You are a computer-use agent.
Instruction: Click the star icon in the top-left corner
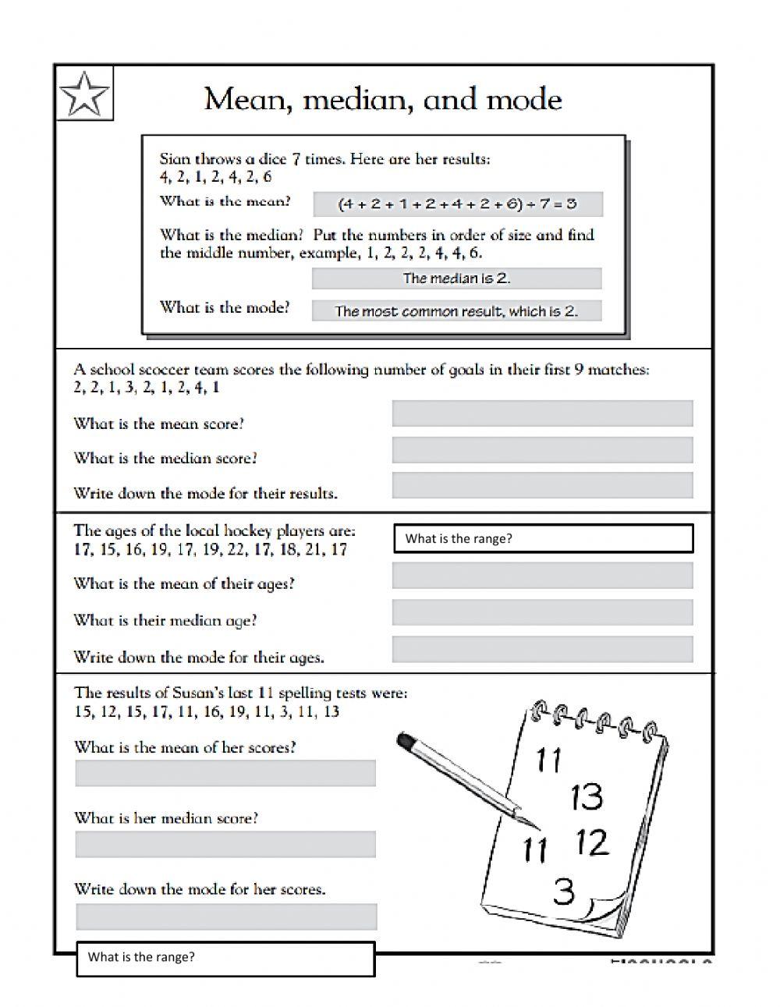(x=84, y=94)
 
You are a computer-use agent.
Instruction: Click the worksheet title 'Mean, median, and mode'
(x=383, y=100)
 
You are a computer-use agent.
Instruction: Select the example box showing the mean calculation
(x=457, y=204)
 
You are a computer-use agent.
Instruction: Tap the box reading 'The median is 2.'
(x=456, y=278)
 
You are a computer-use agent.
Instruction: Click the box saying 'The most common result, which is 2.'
(x=456, y=311)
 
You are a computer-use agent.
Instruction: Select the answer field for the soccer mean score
(x=542, y=413)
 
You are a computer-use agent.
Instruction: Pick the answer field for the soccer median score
(x=542, y=450)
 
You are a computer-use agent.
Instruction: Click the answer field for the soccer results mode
(x=542, y=485)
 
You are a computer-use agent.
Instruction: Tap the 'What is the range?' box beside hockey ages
(x=544, y=538)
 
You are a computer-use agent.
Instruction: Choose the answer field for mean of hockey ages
(x=542, y=576)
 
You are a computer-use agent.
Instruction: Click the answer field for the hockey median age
(x=542, y=612)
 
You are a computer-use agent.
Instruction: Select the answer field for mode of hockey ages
(x=542, y=649)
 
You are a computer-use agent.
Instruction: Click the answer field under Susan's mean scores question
(x=225, y=773)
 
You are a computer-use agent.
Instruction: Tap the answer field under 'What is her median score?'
(x=225, y=844)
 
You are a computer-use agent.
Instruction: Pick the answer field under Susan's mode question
(x=226, y=917)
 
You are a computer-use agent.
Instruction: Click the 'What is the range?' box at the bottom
(x=225, y=959)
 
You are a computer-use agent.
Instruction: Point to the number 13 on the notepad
(x=587, y=796)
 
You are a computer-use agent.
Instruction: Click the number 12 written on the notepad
(x=591, y=842)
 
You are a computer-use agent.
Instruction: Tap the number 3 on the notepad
(x=563, y=890)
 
